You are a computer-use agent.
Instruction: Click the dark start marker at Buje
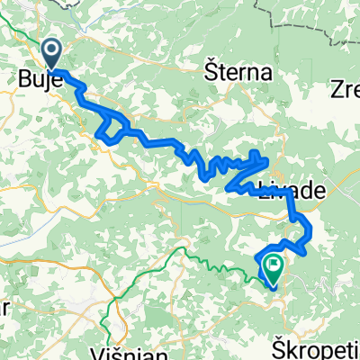pos(51,52)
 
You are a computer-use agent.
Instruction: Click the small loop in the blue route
pos(110,131)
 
